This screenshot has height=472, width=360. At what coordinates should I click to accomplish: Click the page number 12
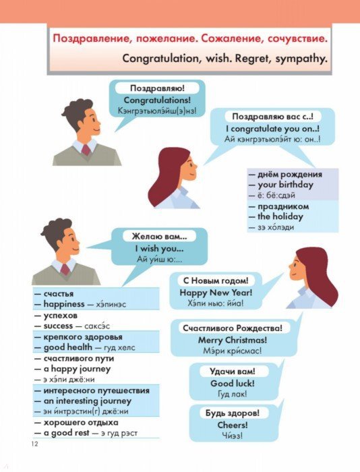tap(35, 444)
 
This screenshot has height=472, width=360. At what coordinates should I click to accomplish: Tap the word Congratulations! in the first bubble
tap(157, 100)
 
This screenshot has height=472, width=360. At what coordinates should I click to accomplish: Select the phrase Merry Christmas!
tap(233, 340)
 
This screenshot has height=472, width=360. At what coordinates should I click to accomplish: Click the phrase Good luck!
tap(233, 384)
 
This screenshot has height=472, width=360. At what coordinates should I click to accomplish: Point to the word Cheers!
tap(233, 425)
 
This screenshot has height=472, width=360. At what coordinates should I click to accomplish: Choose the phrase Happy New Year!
tap(216, 293)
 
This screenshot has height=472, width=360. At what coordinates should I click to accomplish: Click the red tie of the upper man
tap(86, 150)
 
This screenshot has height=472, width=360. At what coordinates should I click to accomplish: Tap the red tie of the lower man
tap(65, 269)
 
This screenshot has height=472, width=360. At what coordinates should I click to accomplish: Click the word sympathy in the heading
tap(301, 59)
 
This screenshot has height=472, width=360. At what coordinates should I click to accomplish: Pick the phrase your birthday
tap(285, 185)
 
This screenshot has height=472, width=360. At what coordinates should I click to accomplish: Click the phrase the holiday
tap(280, 216)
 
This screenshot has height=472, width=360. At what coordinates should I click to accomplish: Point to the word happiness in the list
tap(64, 304)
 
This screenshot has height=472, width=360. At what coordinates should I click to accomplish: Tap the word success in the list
tap(58, 326)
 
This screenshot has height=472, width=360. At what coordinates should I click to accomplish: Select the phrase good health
tap(68, 347)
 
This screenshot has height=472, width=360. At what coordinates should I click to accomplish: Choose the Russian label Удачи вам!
tap(233, 371)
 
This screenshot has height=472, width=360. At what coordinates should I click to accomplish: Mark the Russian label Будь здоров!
tap(233, 413)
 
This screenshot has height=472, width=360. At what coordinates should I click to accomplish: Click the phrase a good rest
tap(67, 433)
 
